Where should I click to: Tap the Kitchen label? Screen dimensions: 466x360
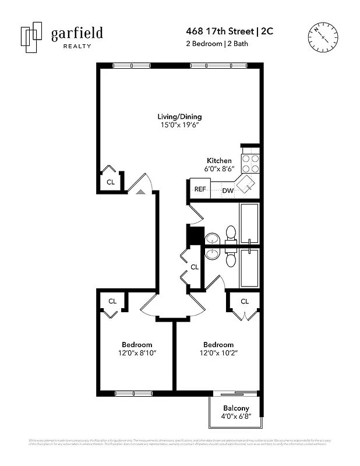pos(219,161)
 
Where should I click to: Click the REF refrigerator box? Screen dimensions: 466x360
pos(200,189)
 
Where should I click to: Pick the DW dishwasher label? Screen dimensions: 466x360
pos(228,190)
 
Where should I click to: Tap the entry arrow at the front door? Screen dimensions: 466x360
pos(140,190)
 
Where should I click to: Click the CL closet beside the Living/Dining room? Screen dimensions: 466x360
pos(110,182)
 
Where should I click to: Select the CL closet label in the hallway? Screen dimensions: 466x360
pos(195,267)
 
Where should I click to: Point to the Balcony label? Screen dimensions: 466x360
pos(236,408)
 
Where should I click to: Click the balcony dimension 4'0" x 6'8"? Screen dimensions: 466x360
pos(236,417)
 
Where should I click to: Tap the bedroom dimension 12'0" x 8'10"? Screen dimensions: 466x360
pos(137,353)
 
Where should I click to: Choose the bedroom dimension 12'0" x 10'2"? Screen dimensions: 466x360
pos(218,353)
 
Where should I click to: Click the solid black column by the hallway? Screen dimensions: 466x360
pos(194,235)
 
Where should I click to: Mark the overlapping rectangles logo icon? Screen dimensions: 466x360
pos(31,38)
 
